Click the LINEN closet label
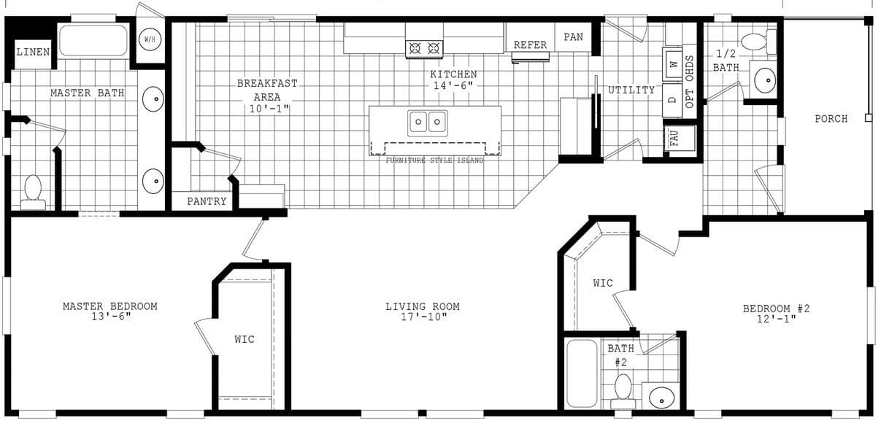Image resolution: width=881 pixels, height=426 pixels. (x=33, y=52)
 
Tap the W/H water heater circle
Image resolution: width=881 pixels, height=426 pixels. (x=150, y=39)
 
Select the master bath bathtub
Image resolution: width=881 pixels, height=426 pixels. (x=93, y=40)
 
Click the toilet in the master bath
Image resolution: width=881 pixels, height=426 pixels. (x=33, y=191)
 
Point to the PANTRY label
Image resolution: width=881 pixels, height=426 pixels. (x=207, y=201)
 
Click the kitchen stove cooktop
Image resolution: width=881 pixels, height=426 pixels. (x=425, y=48)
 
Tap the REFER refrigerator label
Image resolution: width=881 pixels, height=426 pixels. (x=530, y=45)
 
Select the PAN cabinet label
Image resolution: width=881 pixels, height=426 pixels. (x=574, y=36)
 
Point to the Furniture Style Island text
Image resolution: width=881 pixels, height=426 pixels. (x=434, y=160)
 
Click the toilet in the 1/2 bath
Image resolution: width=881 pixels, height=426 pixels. (x=755, y=42)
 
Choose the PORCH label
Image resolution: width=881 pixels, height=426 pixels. (x=831, y=119)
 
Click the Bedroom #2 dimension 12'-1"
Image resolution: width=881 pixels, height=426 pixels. (x=777, y=319)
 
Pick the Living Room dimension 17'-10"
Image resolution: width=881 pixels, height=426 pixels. (x=423, y=317)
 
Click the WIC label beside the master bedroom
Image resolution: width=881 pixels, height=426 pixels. (x=245, y=339)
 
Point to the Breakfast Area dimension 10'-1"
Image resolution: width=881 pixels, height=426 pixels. (x=266, y=109)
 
